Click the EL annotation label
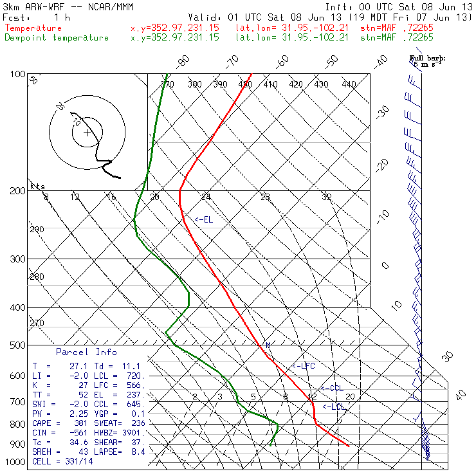point(205,220)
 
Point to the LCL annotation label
point(334,407)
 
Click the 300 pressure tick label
point(18,259)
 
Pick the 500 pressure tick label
point(18,345)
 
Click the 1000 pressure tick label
point(15,462)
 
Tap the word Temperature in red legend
point(33,28)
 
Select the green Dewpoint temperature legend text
point(57,38)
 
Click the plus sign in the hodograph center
point(87,133)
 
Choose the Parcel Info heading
point(86,352)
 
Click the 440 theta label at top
point(349,84)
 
